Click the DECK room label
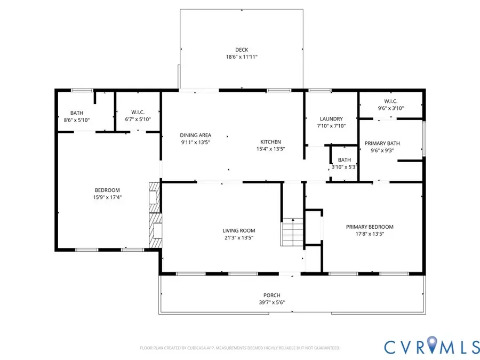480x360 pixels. click(x=242, y=50)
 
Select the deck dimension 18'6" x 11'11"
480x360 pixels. click(x=242, y=57)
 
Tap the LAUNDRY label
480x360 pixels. click(x=331, y=118)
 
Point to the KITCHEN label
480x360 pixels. click(x=270, y=142)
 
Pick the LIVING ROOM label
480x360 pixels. click(x=237, y=230)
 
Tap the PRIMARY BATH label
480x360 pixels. click(x=382, y=143)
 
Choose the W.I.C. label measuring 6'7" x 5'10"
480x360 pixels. click(x=138, y=112)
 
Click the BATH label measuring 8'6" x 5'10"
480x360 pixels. click(x=77, y=113)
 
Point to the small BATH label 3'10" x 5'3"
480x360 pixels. click(x=344, y=159)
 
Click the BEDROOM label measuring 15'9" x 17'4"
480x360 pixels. click(x=107, y=190)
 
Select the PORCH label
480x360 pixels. click(x=271, y=295)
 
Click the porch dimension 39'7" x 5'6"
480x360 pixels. click(x=271, y=302)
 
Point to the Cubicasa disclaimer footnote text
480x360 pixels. click(x=240, y=348)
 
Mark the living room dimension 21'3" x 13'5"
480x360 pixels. click(x=237, y=238)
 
